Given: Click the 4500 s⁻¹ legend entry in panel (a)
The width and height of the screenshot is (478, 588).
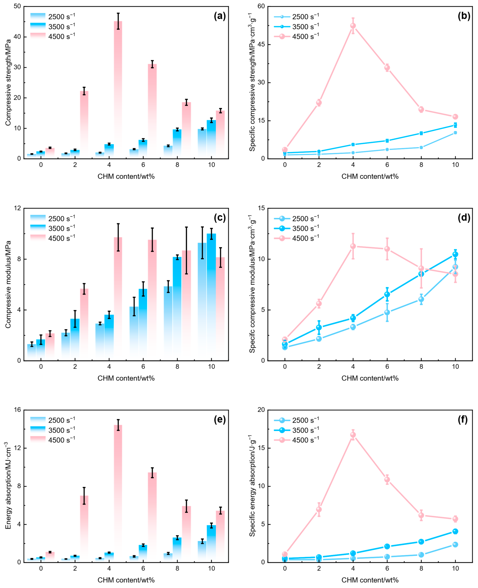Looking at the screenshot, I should [x=52, y=36].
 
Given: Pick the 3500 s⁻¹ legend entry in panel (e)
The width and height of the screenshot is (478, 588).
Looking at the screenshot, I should [x=52, y=430].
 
